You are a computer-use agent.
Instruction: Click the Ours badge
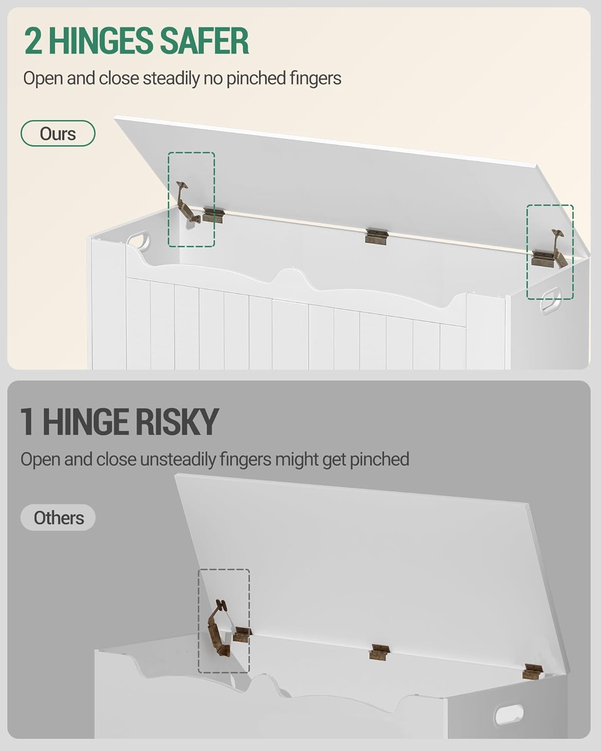pyautogui.click(x=58, y=134)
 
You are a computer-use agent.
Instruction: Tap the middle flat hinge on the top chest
pyautogui.click(x=376, y=236)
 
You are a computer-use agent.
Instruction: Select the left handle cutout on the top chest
pyautogui.click(x=138, y=241)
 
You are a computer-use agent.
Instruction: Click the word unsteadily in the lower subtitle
pyautogui.click(x=178, y=459)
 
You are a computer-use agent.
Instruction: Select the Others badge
pyautogui.click(x=58, y=518)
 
